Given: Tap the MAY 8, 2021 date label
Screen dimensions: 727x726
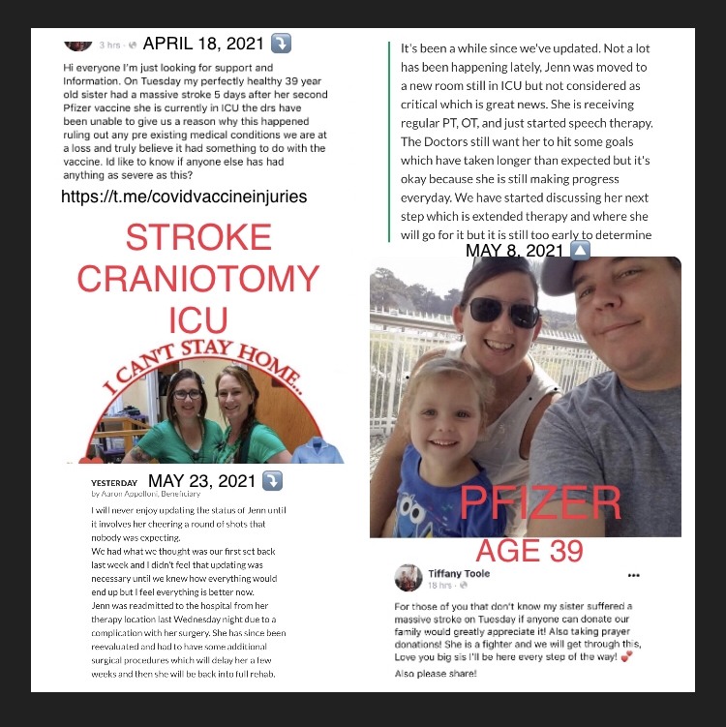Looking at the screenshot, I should tap(514, 251).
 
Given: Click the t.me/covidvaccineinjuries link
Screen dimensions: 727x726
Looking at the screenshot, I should tap(184, 197).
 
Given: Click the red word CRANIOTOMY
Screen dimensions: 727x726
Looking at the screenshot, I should tap(197, 280).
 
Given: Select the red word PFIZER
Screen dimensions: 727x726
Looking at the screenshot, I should tap(539, 503).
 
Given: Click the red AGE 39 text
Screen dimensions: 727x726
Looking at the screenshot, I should tap(529, 550).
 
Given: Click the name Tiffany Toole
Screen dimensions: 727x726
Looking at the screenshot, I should tap(459, 573).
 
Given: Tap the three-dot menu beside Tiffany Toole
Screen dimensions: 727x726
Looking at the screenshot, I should tap(634, 574).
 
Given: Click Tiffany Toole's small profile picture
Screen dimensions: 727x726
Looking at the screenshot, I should tap(407, 579).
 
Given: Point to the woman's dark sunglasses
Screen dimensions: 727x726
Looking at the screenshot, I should tap(503, 312).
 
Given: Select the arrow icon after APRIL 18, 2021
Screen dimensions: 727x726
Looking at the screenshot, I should tap(280, 45).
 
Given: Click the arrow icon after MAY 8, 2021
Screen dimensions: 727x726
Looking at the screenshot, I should tap(579, 251).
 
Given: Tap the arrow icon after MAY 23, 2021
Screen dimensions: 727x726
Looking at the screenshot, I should tap(273, 481).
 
